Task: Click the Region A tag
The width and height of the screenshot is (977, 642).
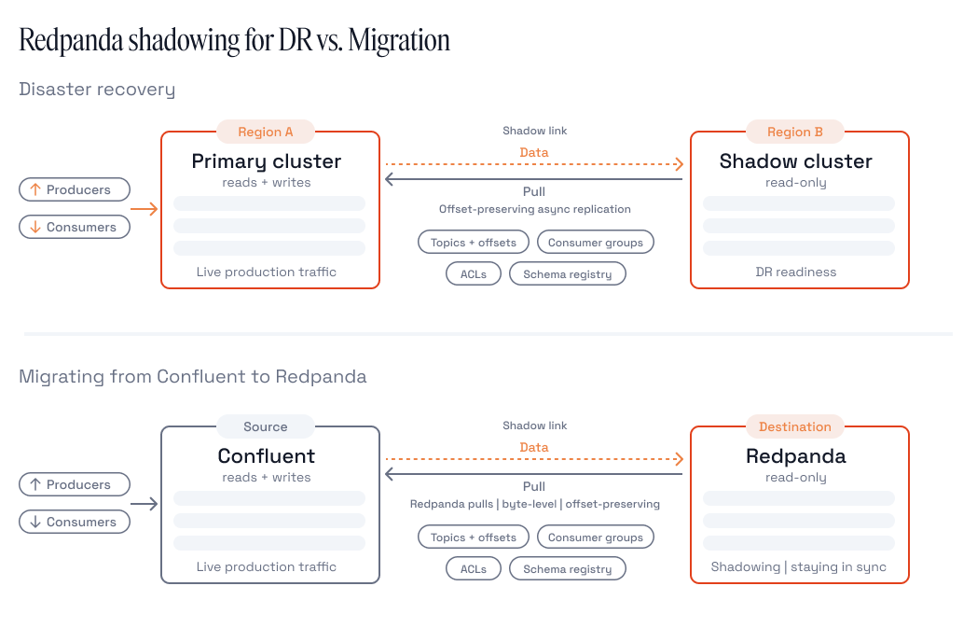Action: [266, 132]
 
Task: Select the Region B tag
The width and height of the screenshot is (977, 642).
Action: [795, 132]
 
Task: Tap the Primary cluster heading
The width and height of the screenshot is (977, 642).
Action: [266, 161]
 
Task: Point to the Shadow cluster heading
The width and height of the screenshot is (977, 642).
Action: [796, 161]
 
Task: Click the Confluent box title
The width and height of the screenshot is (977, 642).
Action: [266, 456]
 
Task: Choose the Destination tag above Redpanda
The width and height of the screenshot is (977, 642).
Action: [795, 426]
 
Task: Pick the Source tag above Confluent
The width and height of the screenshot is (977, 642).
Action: [266, 426]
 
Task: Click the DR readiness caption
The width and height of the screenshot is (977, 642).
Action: [796, 272]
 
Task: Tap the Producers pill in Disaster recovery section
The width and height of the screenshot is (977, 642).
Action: [75, 189]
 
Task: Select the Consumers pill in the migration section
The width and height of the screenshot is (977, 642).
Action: [75, 522]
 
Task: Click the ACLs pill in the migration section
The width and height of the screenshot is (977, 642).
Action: [474, 569]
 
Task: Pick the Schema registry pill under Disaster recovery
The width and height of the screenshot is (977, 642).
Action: [568, 274]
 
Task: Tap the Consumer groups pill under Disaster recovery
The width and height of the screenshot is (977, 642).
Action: [596, 242]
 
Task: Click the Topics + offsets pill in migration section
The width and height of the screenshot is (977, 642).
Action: [474, 537]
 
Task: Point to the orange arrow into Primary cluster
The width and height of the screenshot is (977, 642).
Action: [144, 209]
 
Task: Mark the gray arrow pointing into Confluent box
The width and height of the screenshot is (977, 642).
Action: [144, 504]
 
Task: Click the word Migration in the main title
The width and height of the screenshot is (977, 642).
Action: [399, 40]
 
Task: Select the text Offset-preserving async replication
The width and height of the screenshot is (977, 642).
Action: [534, 209]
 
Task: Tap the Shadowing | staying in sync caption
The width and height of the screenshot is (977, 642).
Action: [798, 567]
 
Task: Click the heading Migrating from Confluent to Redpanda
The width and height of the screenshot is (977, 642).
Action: [193, 377]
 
